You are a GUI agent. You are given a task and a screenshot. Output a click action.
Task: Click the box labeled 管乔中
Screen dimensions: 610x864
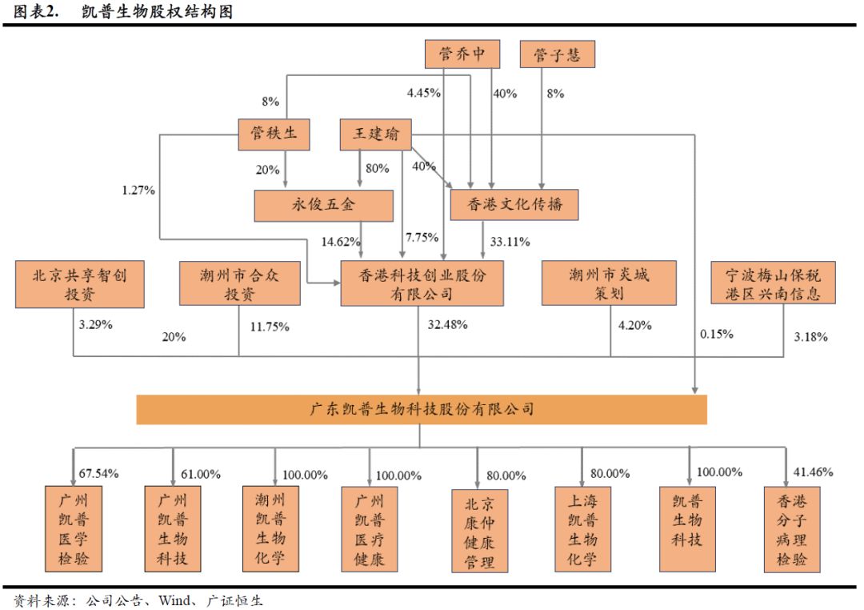point(462,54)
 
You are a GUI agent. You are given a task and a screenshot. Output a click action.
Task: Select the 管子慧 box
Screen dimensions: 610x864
point(557,54)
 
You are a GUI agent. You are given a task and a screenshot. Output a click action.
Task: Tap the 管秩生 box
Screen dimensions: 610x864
point(274,134)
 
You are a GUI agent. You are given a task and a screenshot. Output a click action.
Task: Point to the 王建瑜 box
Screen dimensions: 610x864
point(375,134)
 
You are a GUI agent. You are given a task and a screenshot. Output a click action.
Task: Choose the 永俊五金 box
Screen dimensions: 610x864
point(323,205)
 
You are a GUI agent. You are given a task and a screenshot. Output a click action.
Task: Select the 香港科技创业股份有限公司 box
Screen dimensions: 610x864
point(422,283)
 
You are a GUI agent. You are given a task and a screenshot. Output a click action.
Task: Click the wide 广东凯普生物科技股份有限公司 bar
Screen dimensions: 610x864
point(422,409)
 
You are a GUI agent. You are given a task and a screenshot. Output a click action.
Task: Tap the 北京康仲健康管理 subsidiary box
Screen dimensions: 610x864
point(479,530)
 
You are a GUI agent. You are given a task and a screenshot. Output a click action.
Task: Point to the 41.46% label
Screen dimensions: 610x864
point(813,474)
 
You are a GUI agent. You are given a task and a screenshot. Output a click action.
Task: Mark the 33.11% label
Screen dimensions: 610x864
point(509,240)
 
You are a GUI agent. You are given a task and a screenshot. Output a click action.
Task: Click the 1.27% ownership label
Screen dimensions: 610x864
point(138,191)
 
